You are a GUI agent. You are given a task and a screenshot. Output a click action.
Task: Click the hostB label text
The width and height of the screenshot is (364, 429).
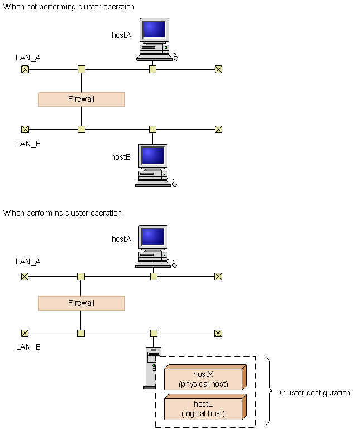[121, 157]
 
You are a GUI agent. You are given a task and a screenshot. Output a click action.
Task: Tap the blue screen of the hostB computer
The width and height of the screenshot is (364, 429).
[153, 155]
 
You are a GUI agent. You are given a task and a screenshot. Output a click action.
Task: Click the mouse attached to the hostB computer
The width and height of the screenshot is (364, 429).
[174, 184]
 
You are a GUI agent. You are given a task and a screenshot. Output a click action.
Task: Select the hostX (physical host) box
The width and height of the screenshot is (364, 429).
[205, 377]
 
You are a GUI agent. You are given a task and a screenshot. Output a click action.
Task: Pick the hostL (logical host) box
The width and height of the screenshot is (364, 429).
[205, 407]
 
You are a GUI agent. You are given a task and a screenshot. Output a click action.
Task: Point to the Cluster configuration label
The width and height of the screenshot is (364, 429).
[315, 393]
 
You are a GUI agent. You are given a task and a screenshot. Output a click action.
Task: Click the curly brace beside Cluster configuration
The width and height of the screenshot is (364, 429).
[269, 391]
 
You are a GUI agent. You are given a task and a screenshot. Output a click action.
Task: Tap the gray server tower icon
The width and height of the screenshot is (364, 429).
[150, 368]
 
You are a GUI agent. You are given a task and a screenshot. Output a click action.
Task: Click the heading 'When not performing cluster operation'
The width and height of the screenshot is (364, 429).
[69, 7]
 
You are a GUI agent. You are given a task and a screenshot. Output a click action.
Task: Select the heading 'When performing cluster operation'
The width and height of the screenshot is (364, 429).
[62, 213]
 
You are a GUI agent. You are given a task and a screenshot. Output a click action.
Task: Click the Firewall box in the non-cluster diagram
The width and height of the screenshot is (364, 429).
[82, 99]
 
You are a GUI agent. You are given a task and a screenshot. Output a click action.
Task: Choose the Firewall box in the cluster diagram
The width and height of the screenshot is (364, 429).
[82, 303]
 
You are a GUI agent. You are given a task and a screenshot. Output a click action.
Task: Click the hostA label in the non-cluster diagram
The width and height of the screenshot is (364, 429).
[121, 35]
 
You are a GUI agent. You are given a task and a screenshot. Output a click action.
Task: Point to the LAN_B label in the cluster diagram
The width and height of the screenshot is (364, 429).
[28, 347]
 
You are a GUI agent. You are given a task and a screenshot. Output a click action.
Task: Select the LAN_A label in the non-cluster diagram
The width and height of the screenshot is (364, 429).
[28, 58]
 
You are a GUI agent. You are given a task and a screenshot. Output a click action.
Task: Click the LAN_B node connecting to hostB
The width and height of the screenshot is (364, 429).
[152, 129]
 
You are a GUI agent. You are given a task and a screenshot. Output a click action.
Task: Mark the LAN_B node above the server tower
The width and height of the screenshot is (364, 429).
[154, 333]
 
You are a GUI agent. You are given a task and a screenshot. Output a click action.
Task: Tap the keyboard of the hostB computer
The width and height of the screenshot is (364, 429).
[154, 183]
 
